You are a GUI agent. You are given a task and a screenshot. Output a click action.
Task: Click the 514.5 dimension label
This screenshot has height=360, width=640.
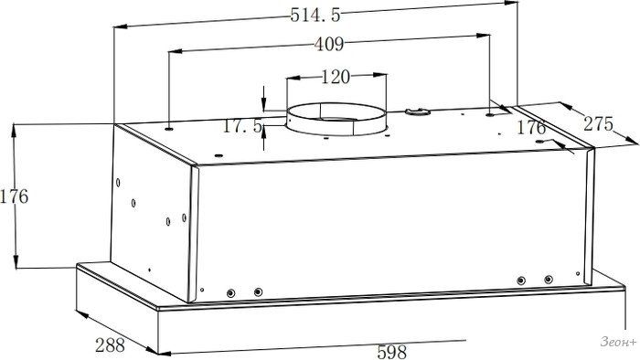[x=315, y=16]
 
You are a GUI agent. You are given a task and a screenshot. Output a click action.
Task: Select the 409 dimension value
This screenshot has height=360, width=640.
[x=329, y=44]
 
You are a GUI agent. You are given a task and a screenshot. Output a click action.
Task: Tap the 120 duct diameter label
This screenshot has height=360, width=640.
[x=336, y=77]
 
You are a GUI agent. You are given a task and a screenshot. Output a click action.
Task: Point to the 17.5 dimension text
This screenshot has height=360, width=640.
[x=242, y=126]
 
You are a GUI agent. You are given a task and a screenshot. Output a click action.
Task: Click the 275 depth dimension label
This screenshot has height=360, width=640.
[x=598, y=124]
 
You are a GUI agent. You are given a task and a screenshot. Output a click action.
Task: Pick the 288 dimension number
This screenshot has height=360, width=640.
[x=110, y=345]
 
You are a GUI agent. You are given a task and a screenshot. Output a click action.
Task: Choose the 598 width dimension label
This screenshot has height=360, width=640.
[x=392, y=352]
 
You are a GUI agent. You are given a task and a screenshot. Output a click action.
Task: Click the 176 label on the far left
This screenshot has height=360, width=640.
[x=15, y=196]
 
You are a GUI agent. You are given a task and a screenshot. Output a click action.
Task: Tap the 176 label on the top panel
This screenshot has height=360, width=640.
[x=531, y=128]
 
